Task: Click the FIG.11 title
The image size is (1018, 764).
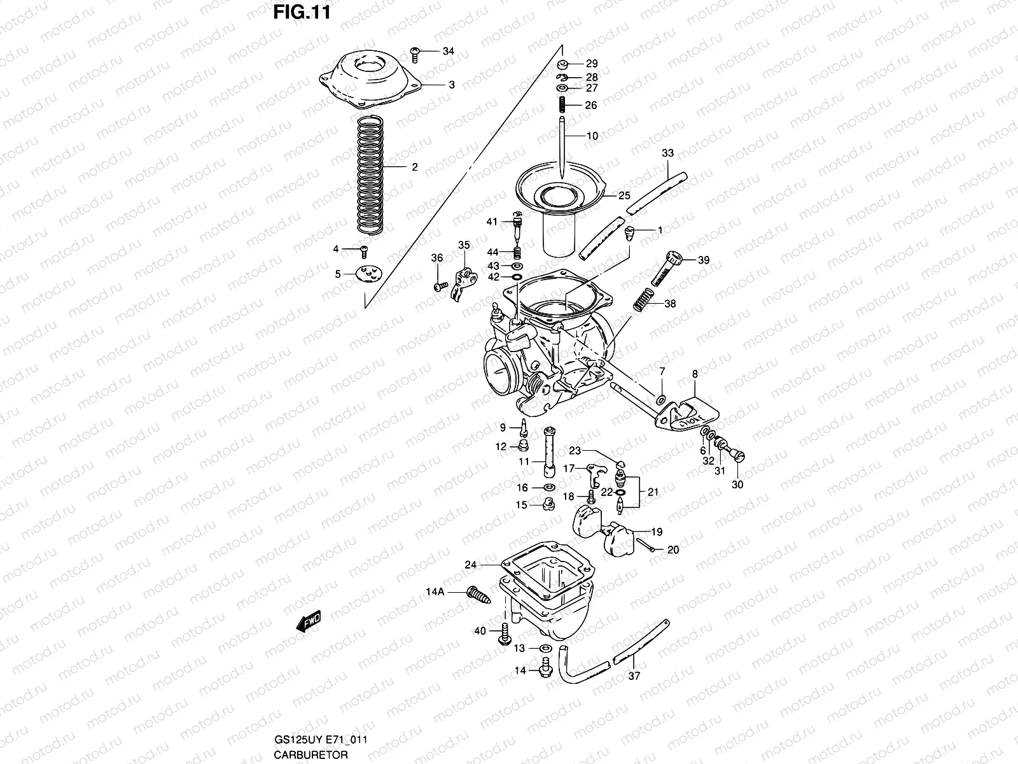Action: pyautogui.click(x=302, y=12)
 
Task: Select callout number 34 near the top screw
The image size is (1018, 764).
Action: pyautogui.click(x=449, y=51)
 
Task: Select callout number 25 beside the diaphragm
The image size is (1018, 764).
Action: pyautogui.click(x=624, y=195)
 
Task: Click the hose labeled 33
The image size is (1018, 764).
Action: pyautogui.click(x=655, y=190)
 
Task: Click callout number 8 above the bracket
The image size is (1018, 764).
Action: pyautogui.click(x=694, y=374)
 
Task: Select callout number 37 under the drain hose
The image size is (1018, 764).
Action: pyautogui.click(x=634, y=676)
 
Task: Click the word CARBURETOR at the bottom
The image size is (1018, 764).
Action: pyautogui.click(x=311, y=754)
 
